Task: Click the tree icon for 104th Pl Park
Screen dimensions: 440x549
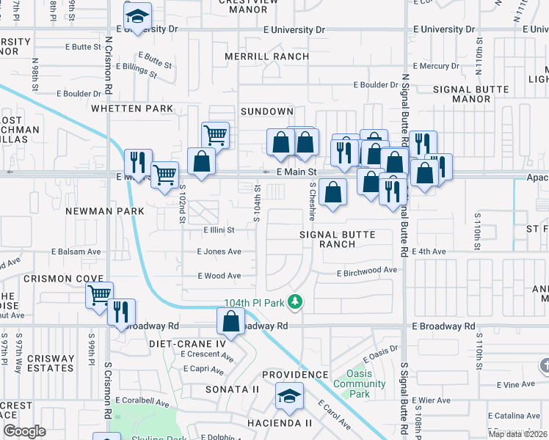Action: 295,301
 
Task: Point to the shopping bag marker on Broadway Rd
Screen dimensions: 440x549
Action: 231,322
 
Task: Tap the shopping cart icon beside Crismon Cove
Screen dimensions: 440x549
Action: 99,296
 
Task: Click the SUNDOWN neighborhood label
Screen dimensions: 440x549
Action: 268,111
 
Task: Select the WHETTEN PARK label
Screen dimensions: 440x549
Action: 133,109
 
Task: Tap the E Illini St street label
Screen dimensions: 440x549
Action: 219,230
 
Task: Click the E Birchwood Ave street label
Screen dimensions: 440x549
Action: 366,271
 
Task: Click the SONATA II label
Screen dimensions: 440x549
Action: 232,389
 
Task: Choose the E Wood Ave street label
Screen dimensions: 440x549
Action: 219,276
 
